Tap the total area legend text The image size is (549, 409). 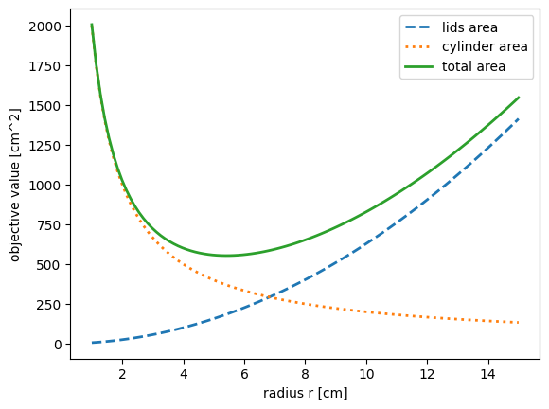(473, 66)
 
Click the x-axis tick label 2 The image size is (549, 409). (122, 375)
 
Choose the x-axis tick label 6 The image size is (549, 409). (244, 375)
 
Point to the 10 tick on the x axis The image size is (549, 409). (366, 375)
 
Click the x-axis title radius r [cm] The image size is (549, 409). (306, 393)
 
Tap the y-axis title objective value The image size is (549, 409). (15, 189)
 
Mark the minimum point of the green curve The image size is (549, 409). (226, 255)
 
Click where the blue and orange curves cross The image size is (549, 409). (269, 298)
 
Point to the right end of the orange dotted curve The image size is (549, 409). (519, 323)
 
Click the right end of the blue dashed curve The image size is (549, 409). (519, 119)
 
